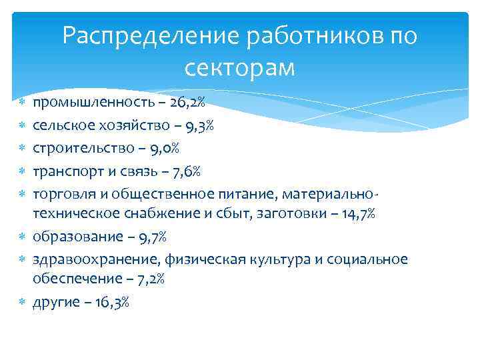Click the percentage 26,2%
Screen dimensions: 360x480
[x=187, y=102]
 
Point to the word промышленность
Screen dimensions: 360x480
[x=93, y=102]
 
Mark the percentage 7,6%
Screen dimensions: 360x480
[x=182, y=171]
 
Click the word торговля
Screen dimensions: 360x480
[x=64, y=193]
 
